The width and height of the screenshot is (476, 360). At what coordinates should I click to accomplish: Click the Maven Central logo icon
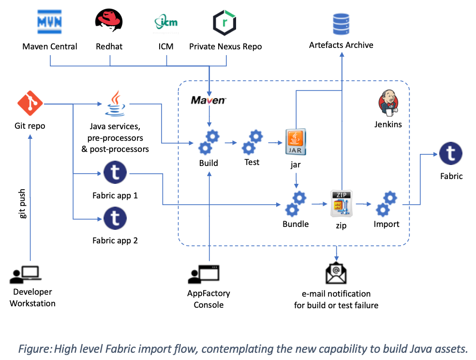(50, 22)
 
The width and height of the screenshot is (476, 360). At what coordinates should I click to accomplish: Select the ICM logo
(166, 22)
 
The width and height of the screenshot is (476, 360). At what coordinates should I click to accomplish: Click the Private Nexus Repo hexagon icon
(225, 22)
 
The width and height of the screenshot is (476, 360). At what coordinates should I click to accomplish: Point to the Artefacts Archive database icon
(342, 23)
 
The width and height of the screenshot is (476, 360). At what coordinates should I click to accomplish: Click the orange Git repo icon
(30, 103)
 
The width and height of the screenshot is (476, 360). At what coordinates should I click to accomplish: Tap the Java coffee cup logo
(115, 103)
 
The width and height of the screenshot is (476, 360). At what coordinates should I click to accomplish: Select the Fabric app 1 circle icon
(115, 173)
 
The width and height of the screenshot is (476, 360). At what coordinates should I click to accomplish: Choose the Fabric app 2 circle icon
(115, 218)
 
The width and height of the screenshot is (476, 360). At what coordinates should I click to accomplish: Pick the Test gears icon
(252, 141)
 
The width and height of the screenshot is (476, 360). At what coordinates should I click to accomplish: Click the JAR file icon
(296, 142)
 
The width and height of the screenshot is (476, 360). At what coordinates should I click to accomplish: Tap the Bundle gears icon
(296, 204)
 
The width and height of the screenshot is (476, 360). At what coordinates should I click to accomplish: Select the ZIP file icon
(342, 204)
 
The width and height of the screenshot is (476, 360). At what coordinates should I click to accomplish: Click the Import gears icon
(387, 204)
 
